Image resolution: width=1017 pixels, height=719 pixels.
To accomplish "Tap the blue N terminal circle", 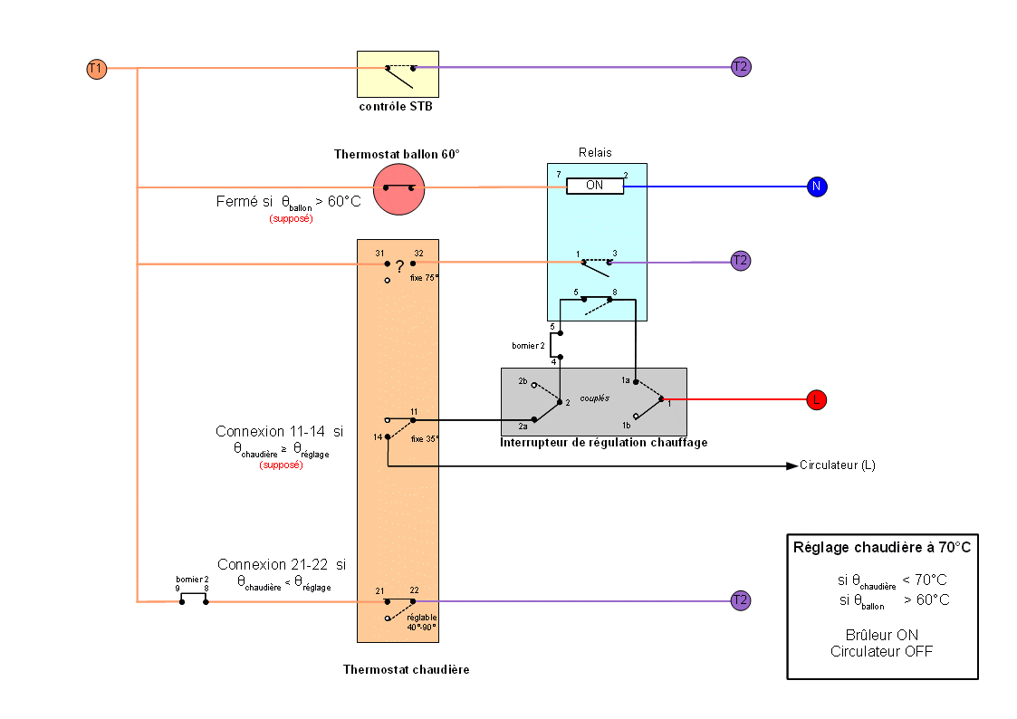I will click(x=817, y=187).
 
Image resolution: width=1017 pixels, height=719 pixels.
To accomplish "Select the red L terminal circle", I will click(x=816, y=398).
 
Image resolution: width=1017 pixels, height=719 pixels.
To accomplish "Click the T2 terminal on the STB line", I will click(x=741, y=66).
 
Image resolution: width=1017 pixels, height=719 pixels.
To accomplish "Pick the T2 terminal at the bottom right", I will click(x=741, y=599).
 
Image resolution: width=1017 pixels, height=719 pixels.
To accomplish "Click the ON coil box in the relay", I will click(x=595, y=186).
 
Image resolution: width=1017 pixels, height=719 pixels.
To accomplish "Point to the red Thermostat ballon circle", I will click(x=398, y=188).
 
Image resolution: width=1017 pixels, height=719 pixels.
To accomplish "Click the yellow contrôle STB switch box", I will click(x=398, y=74).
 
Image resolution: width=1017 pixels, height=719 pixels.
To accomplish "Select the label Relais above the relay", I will click(x=595, y=152).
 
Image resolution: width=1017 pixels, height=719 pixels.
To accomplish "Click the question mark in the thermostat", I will click(x=399, y=267).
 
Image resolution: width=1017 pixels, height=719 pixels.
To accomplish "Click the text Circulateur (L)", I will click(x=838, y=466).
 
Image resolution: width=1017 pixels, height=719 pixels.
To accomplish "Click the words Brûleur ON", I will click(x=880, y=635).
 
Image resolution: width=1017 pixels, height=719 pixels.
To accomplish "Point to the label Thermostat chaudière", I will click(x=406, y=670).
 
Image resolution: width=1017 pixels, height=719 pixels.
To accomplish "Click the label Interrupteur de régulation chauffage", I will click(x=604, y=443).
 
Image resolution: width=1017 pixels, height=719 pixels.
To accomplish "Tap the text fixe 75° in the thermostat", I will click(x=424, y=278).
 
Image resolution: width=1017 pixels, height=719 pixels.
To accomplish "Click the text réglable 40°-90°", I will click(x=421, y=621).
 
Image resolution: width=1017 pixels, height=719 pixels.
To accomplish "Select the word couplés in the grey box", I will click(x=595, y=398).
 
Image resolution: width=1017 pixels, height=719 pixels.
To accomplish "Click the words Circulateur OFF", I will click(x=881, y=651).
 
